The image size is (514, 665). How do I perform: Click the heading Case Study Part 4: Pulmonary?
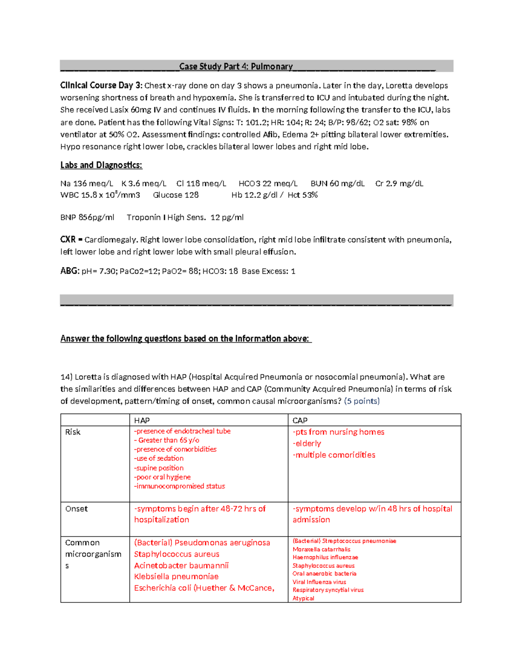[236, 66]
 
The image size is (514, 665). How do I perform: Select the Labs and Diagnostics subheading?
[101, 165]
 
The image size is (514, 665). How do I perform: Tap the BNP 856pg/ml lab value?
[87, 218]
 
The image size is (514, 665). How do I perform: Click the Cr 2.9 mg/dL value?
[399, 184]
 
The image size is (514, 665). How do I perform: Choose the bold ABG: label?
[70, 271]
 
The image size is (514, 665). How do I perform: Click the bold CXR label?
[68, 240]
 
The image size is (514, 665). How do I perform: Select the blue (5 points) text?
[362, 401]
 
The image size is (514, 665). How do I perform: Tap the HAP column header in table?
[142, 420]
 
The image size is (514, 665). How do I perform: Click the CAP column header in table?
[300, 420]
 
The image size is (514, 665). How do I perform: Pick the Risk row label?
[73, 432]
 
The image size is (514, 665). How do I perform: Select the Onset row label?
[76, 509]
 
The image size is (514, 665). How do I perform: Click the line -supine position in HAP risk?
[158, 468]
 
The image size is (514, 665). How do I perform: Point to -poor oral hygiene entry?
[162, 477]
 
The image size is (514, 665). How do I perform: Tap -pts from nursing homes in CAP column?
[338, 432]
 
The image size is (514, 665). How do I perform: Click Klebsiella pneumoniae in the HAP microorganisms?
[176, 577]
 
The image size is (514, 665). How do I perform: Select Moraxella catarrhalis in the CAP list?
[321, 549]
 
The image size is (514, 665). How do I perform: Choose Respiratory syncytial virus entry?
[328, 590]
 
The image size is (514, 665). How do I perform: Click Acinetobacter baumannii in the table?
[181, 566]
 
